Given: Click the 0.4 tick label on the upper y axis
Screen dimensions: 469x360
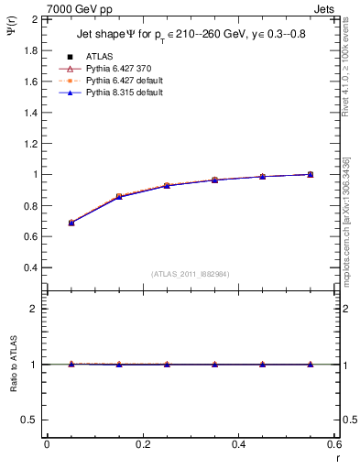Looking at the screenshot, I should pyautogui.click(x=31, y=267).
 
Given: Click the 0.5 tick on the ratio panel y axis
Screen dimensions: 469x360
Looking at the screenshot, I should pyautogui.click(x=31, y=420).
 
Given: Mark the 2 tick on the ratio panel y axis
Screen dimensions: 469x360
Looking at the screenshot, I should pyautogui.click(x=35, y=309).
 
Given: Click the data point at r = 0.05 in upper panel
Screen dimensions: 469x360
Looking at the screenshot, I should pyautogui.click(x=71, y=223).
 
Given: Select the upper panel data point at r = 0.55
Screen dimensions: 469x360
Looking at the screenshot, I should pyautogui.click(x=311, y=174).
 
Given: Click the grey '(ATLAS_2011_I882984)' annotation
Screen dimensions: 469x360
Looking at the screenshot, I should pyautogui.click(x=191, y=274).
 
